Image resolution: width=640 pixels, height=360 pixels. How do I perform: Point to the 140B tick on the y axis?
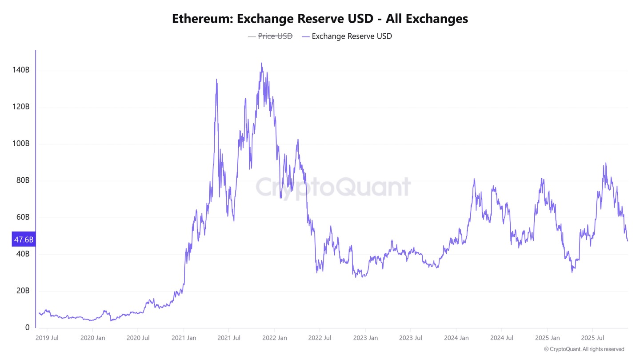point(21,70)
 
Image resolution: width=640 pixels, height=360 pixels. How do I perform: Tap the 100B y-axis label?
point(21,144)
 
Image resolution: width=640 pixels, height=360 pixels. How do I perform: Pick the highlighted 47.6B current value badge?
point(24,240)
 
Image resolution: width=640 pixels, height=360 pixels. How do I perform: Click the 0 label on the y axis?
point(27,328)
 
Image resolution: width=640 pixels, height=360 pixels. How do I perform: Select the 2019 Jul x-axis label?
point(46,338)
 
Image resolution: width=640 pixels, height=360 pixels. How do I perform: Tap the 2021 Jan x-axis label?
point(184,338)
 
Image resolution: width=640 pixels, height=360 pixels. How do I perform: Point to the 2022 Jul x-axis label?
point(320,338)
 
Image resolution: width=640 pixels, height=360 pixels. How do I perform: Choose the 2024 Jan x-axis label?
point(456,338)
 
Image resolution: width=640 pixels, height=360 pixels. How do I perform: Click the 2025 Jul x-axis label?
point(593,338)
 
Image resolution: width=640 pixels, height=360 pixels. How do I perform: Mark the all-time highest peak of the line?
point(261,63)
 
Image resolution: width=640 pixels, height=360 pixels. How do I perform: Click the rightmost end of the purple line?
point(628,241)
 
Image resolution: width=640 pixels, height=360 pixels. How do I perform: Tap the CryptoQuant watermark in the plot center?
point(333,187)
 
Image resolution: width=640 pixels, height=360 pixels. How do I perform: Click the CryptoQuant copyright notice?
point(584,349)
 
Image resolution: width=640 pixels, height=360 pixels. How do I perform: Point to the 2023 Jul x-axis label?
point(411,338)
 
